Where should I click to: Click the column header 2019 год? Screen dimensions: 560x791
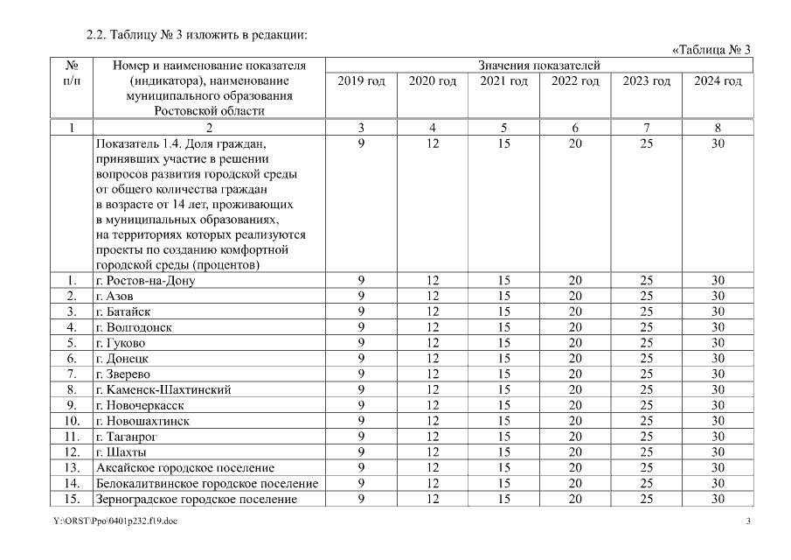(x=361, y=81)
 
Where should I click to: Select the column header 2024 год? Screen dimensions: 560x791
(x=718, y=81)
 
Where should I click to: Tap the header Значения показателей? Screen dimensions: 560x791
(x=538, y=65)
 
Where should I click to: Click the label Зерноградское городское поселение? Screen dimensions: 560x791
(x=196, y=499)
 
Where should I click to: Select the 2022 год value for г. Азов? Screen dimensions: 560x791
(x=574, y=297)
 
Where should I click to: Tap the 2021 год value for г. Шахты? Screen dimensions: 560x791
(x=503, y=452)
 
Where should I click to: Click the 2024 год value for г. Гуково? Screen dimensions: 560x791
(x=718, y=343)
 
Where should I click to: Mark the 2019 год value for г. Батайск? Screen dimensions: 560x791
(x=361, y=311)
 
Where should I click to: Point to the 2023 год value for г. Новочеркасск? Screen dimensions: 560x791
(x=646, y=405)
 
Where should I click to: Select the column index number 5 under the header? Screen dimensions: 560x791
(x=503, y=128)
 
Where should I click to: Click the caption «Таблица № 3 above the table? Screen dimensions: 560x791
(x=711, y=49)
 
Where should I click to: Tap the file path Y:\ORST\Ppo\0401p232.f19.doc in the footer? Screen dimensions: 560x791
(x=108, y=522)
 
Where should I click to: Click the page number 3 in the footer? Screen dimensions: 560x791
(x=748, y=522)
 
